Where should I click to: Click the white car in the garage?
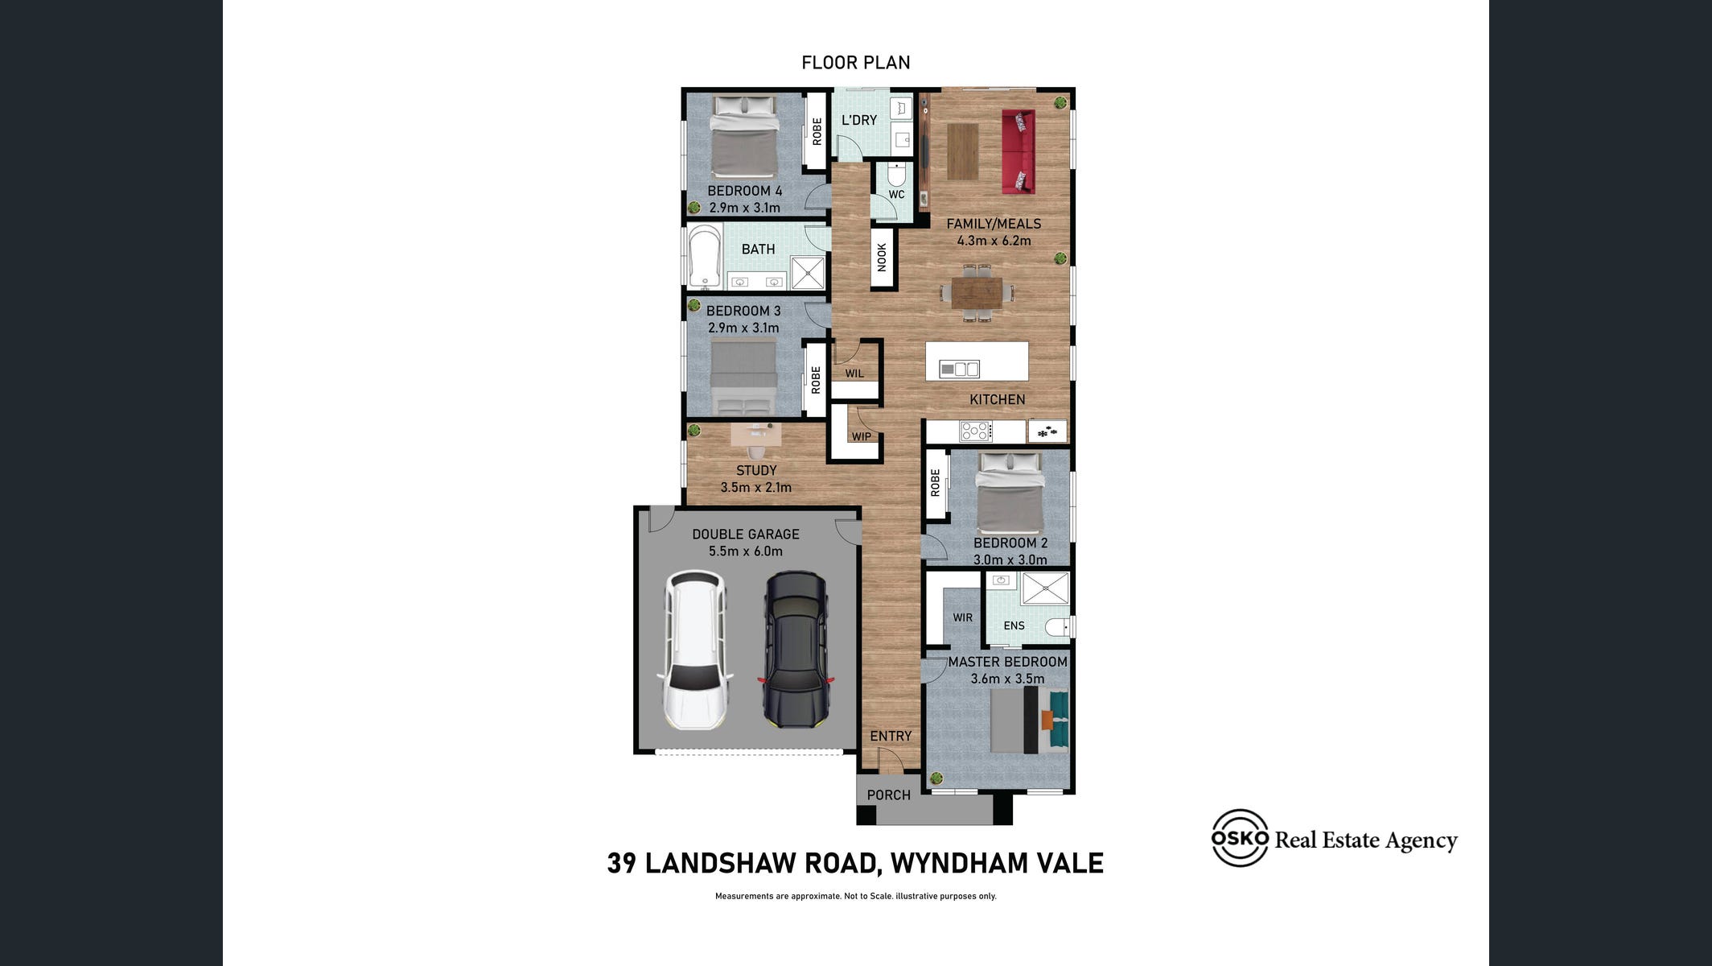pos(695,650)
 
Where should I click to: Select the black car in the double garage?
pos(796,650)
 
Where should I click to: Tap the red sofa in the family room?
pos(1018,152)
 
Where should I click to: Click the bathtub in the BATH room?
pos(705,256)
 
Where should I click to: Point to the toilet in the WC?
pos(896,174)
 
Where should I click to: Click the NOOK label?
pos(882,258)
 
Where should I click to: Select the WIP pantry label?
pos(861,436)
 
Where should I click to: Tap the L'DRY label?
pos(859,120)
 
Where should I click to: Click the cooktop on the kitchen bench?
pos(976,431)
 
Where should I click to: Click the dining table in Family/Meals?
pos(977,293)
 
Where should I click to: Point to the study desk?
pos(755,435)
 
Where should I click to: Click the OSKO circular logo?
pos(1240,838)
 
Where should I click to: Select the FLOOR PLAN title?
pos(856,63)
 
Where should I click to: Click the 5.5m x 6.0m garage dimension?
pos(746,551)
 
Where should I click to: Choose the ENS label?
pos(1014,625)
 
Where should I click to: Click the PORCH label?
pos(889,795)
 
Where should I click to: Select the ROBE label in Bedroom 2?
pos(935,484)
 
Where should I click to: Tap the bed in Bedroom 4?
pos(744,137)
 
